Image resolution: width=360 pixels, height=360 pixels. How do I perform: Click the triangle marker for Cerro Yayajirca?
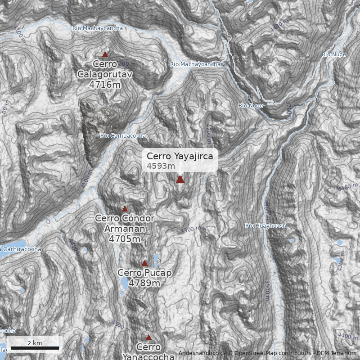(180, 180)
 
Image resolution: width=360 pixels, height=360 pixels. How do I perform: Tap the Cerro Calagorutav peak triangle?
(105, 54)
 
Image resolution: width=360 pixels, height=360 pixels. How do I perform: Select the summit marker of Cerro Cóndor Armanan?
(125, 209)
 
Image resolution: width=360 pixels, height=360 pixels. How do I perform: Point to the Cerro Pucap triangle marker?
(144, 263)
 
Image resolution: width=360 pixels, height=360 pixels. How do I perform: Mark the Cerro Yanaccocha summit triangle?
(148, 337)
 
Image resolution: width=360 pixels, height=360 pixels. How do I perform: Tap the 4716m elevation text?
(105, 84)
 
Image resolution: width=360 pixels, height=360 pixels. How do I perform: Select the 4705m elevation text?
(125, 239)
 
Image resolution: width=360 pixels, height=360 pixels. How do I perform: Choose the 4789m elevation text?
(144, 283)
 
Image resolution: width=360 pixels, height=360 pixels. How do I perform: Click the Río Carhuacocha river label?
(123, 135)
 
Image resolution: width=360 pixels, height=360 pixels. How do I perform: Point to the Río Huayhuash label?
(265, 225)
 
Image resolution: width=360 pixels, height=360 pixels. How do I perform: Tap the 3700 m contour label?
(288, 110)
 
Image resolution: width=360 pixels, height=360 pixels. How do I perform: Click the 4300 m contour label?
(191, 229)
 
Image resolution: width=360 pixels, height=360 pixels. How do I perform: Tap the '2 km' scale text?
(35, 343)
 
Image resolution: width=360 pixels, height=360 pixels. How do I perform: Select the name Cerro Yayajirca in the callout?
(180, 156)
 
